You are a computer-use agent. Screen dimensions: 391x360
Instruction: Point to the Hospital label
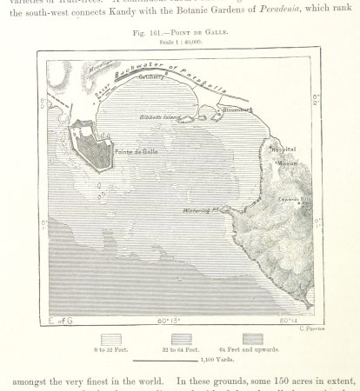click(x=282, y=149)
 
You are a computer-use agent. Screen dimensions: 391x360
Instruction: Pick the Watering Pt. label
click(x=203, y=209)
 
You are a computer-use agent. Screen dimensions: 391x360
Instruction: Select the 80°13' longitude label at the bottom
click(x=170, y=321)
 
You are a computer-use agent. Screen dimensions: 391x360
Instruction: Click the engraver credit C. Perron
click(x=310, y=328)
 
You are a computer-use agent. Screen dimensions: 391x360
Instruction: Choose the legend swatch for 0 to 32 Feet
click(x=110, y=339)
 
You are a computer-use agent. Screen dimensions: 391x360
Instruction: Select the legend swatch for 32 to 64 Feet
click(x=181, y=339)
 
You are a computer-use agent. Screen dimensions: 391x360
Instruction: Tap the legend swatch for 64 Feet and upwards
click(x=253, y=339)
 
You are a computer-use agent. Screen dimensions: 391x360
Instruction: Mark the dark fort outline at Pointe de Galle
click(x=92, y=149)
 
